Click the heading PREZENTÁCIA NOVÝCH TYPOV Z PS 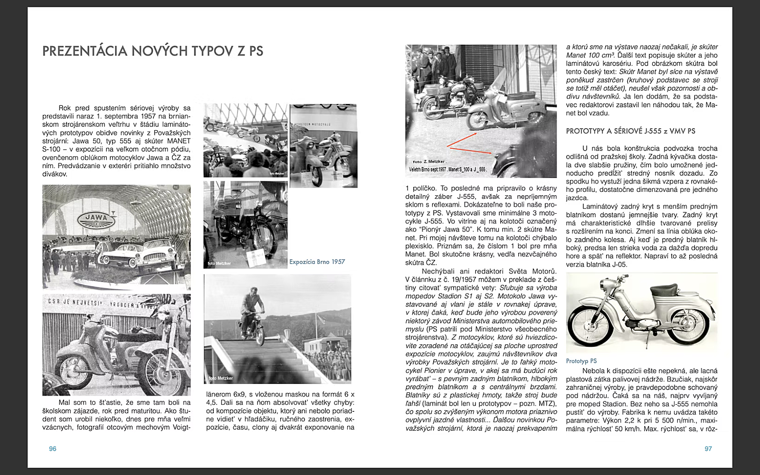(152, 51)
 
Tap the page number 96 (53, 449)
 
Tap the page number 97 (708, 449)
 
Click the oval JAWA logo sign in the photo (97, 220)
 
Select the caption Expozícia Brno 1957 (317, 262)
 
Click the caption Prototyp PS (581, 361)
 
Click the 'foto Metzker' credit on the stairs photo (221, 378)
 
